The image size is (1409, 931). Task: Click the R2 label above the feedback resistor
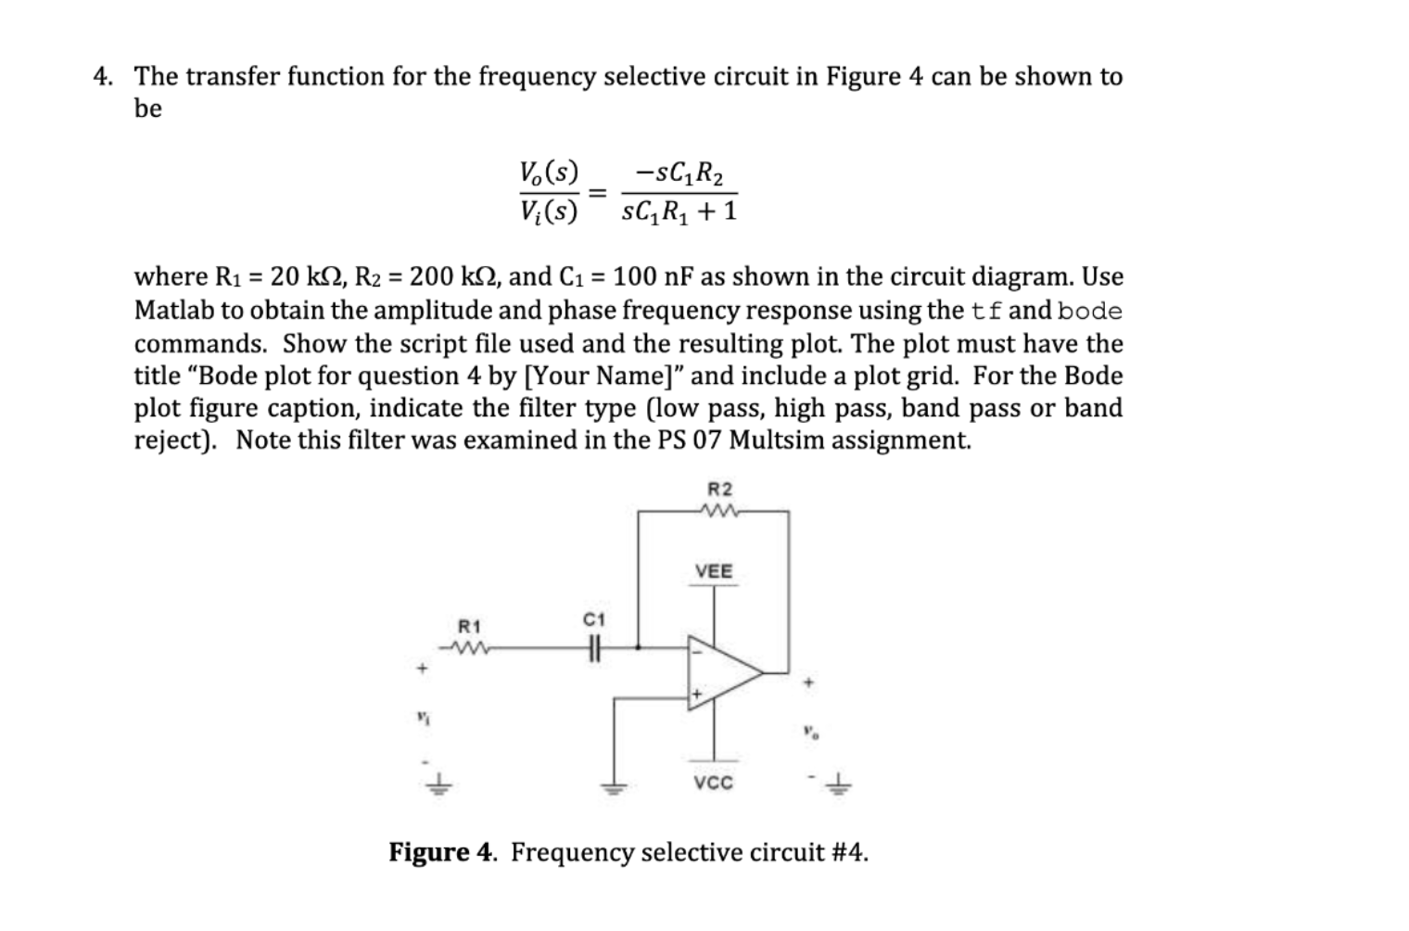coord(719,489)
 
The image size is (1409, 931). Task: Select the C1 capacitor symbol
coord(594,648)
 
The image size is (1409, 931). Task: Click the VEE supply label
coord(714,571)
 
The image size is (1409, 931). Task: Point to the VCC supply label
coord(714,784)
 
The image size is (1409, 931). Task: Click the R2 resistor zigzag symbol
coord(719,511)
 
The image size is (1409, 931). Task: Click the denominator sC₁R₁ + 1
coord(679,212)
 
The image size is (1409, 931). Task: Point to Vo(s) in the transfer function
coord(549,172)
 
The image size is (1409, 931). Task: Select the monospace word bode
coord(1090,311)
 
